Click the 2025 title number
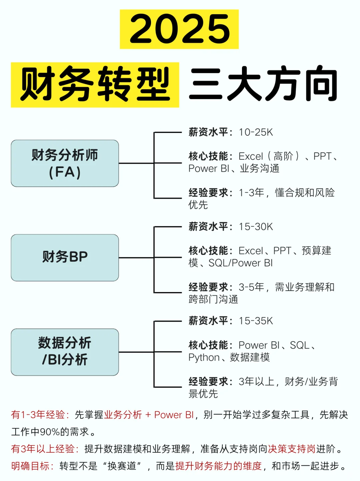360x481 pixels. tap(179, 29)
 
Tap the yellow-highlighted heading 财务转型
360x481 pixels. tap(95, 85)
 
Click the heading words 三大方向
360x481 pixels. tap(263, 85)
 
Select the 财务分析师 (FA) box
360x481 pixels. tap(65, 163)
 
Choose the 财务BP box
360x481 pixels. tap(65, 257)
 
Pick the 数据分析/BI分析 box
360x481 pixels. tap(65, 352)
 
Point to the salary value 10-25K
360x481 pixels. tap(256, 132)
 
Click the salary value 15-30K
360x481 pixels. tap(256, 227)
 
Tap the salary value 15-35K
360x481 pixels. tap(256, 321)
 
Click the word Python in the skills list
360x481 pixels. tap(204, 357)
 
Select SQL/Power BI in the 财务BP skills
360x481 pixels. tap(241, 263)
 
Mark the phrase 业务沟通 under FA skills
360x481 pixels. tap(260, 169)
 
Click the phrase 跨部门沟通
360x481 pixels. tap(213, 299)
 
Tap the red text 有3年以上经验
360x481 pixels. tap(43, 449)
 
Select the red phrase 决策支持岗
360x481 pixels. tap(292, 449)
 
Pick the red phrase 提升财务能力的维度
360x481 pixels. tap(219, 466)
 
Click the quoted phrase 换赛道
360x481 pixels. tap(122, 466)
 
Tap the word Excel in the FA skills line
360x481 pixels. tap(251, 156)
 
